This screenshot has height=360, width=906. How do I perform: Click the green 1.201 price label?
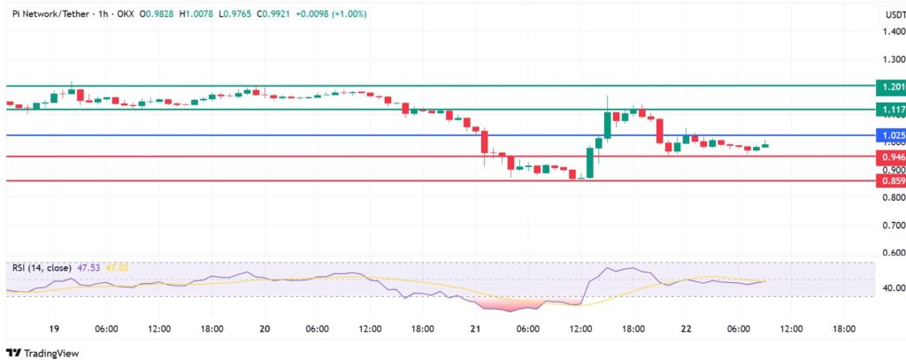click(890, 87)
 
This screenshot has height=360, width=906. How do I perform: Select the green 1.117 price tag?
click(890, 110)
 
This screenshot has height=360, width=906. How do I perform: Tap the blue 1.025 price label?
click(890, 135)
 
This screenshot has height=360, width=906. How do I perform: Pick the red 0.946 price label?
click(890, 157)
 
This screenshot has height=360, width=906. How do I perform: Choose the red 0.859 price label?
click(890, 180)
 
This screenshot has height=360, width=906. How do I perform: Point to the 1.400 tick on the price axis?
click(893, 32)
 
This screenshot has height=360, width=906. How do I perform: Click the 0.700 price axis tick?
click(893, 225)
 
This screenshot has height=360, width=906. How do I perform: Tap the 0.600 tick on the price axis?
click(893, 252)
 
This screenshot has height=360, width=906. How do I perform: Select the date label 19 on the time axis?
click(54, 329)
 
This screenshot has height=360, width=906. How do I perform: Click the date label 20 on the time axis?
click(265, 329)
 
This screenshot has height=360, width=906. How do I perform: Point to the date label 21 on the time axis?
click(475, 329)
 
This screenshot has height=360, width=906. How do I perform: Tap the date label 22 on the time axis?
click(686, 329)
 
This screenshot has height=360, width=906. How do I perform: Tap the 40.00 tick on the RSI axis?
click(891, 287)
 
